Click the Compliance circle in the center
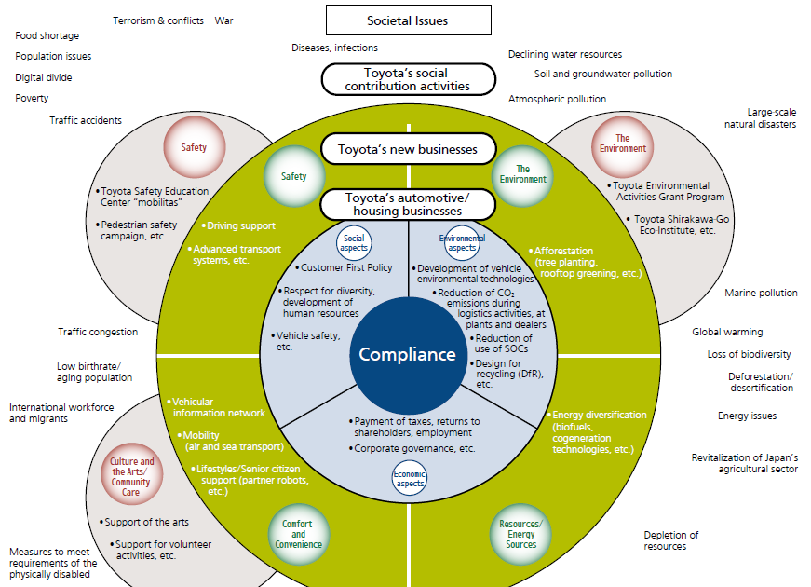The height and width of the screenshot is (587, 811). coord(408,355)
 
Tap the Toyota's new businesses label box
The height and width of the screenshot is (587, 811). coord(407,149)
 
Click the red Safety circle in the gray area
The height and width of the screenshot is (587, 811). coord(193,147)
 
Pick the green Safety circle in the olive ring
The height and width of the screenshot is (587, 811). coord(293,176)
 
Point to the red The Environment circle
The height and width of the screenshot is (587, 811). coord(622,143)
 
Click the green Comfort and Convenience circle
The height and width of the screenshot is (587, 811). coord(298,535)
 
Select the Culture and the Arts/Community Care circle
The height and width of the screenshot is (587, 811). coord(132,474)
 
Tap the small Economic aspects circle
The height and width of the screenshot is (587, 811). coord(410,478)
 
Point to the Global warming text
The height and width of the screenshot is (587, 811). coord(727,332)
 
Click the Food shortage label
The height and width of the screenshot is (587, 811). coord(47,36)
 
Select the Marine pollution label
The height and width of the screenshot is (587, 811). coord(761,293)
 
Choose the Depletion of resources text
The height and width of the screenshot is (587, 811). coord(670,540)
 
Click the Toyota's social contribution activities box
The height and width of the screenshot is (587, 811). coord(407,80)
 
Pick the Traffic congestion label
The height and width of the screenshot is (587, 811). coord(98,332)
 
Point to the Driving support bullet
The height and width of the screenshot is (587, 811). coord(239,225)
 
